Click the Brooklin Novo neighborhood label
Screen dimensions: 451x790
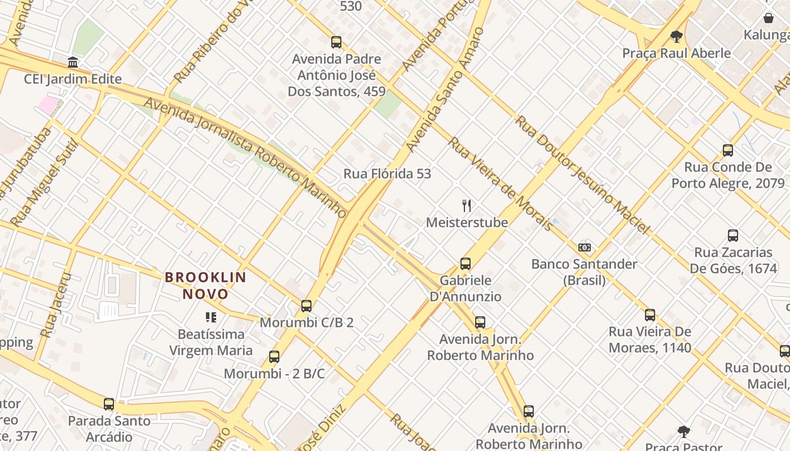pyautogui.click(x=205, y=285)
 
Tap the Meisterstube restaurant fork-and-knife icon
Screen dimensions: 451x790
pyautogui.click(x=467, y=205)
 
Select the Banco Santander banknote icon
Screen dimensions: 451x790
pyautogui.click(x=585, y=247)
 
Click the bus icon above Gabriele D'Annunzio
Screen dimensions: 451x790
pyautogui.click(x=466, y=263)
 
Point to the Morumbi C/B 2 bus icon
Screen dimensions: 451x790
pyautogui.click(x=306, y=306)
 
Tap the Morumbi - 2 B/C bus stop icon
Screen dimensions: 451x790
pyautogui.click(x=274, y=356)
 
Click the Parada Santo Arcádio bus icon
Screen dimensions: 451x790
pyautogui.click(x=109, y=404)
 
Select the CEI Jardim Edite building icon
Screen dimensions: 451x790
pyautogui.click(x=73, y=62)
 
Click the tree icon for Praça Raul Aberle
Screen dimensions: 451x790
pyautogui.click(x=676, y=37)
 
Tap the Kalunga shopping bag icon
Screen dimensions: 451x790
pyautogui.click(x=769, y=18)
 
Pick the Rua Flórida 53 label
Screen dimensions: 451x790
pyautogui.click(x=387, y=174)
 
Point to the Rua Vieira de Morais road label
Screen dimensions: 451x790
pyautogui.click(x=500, y=184)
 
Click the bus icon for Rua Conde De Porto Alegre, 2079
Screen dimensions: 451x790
pyautogui.click(x=728, y=150)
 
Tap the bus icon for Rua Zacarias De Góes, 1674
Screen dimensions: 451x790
pyautogui.click(x=733, y=235)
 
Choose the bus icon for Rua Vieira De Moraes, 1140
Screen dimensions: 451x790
pyautogui.click(x=650, y=315)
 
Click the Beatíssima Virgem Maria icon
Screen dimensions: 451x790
pyautogui.click(x=211, y=317)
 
